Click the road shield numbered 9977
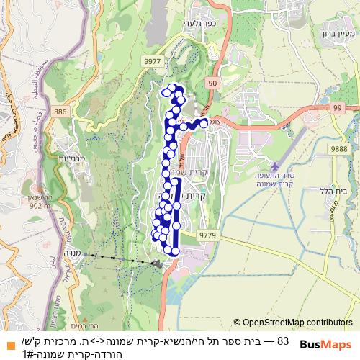(152, 63)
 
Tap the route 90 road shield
(213, 84)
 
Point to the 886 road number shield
(60, 112)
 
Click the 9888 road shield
(338, 147)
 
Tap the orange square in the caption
(9, 342)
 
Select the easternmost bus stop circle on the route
(204, 123)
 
